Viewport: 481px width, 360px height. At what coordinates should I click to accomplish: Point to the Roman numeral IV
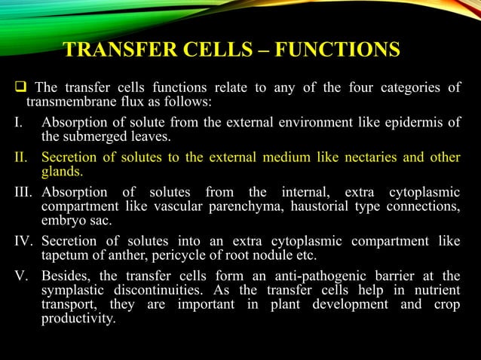21,241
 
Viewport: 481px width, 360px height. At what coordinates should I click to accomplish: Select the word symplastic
75,289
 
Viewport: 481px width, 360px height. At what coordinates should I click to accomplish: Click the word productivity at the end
78,319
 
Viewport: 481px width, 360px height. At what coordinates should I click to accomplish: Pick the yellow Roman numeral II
19,157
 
